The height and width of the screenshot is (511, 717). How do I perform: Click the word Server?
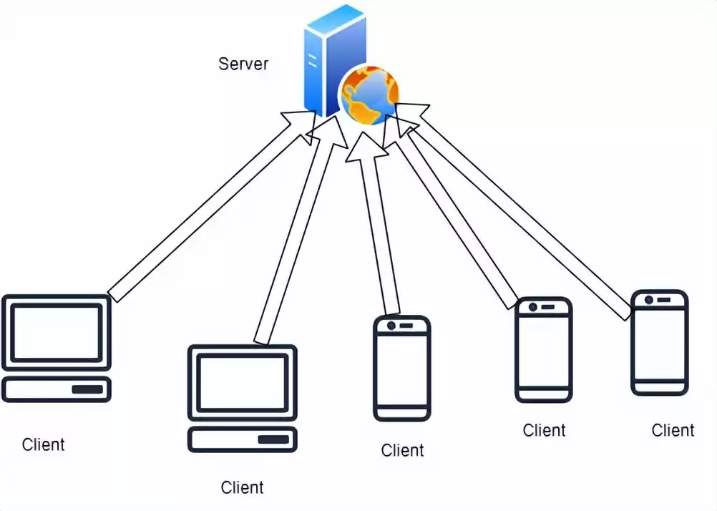tap(243, 64)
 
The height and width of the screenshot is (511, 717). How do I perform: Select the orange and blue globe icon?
tap(369, 94)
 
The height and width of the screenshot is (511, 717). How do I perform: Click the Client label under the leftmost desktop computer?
tap(44, 444)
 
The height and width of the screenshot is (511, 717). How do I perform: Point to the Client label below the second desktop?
tap(242, 488)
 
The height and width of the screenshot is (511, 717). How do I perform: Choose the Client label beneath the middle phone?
tap(544, 430)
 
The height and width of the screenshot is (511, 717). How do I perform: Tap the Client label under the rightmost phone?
tap(673, 430)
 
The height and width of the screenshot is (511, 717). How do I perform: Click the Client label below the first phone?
tap(402, 450)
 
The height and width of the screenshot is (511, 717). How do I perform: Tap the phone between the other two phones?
tap(544, 349)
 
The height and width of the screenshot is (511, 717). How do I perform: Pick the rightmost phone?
tap(659, 342)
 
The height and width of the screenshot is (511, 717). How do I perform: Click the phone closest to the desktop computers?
tap(402, 368)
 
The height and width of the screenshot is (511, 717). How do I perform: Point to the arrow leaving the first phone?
tap(379, 229)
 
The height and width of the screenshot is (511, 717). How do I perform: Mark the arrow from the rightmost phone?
tap(522, 215)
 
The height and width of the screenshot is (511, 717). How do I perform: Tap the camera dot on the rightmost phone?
tap(649, 299)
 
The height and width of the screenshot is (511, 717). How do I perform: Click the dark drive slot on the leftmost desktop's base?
tap(87, 390)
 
